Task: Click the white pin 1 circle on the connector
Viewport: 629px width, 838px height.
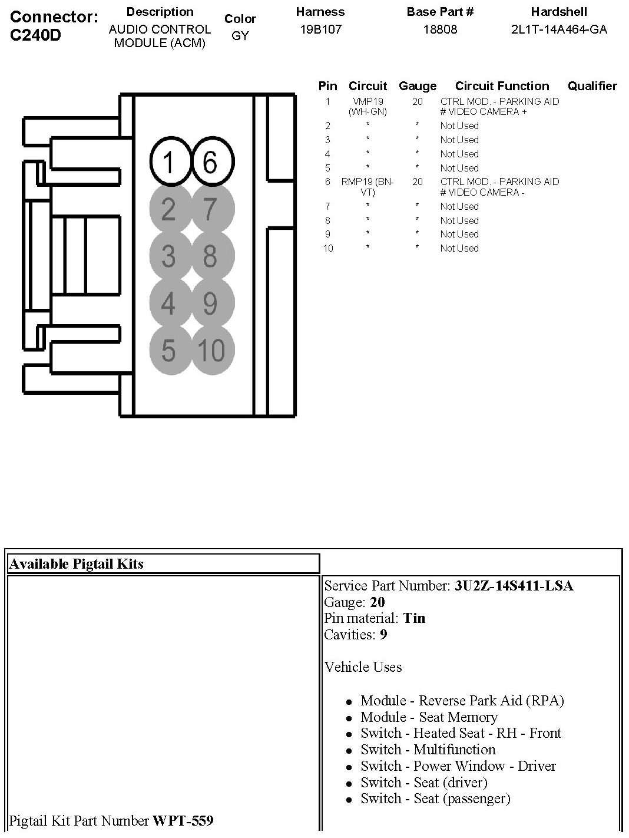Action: [169, 161]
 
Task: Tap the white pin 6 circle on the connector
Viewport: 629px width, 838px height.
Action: [211, 161]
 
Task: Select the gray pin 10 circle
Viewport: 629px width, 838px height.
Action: [211, 351]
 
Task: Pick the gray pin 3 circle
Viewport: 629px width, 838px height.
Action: [169, 256]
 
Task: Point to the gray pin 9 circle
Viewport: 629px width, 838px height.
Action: [211, 303]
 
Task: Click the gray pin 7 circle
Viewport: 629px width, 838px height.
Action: [211, 209]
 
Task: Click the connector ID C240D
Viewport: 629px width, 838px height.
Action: [36, 35]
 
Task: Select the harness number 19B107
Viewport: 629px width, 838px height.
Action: [320, 29]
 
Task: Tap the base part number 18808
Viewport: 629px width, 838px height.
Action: [440, 29]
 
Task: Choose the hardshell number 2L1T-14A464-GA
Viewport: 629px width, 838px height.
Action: [558, 29]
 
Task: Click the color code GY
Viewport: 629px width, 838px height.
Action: [240, 36]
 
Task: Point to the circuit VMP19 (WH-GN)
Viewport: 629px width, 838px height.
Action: [368, 106]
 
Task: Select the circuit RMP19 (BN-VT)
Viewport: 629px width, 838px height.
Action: [368, 187]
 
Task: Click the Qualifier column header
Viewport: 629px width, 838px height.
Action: [592, 86]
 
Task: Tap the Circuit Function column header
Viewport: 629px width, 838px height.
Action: [502, 86]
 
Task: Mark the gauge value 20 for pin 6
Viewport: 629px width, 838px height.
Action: [418, 182]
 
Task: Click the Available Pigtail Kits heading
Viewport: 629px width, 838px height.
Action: [77, 564]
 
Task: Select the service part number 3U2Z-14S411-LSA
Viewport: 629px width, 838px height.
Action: [514, 586]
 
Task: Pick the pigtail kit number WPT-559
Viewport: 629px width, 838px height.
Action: [183, 820]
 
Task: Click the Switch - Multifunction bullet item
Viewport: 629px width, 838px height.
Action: [428, 750]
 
